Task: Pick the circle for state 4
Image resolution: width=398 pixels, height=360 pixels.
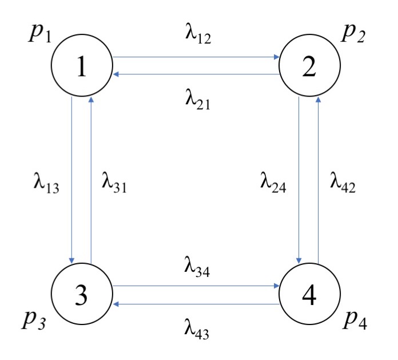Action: click(x=309, y=295)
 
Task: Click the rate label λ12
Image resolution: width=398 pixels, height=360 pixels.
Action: click(x=197, y=35)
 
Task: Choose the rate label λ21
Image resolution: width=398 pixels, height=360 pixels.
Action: click(x=197, y=98)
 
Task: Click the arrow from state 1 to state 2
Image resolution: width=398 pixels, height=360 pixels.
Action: click(x=197, y=57)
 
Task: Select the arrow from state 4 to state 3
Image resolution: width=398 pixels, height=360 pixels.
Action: click(x=197, y=304)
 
